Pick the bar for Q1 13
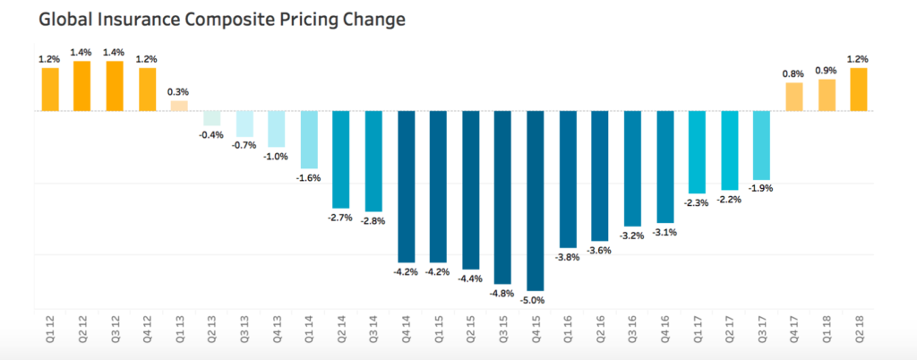(x=179, y=106)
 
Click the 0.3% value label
(x=179, y=92)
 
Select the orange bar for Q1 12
(x=49, y=89)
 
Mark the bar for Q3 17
(x=762, y=145)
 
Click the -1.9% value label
(x=762, y=189)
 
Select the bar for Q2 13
(x=211, y=118)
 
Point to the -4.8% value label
(x=503, y=293)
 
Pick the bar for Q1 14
(x=309, y=140)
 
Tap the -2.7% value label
(x=341, y=218)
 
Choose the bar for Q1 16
(x=568, y=179)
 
